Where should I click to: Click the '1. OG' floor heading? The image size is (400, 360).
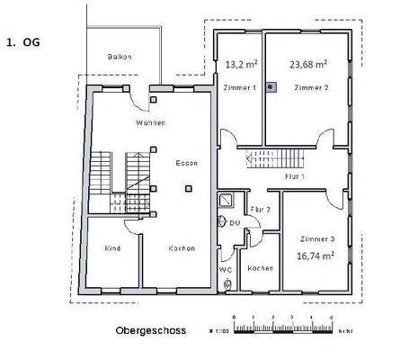click(x=23, y=41)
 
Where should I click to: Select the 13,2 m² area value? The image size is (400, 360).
click(x=240, y=64)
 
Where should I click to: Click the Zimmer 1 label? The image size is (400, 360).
click(x=240, y=88)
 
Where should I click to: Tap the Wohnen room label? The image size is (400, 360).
click(x=150, y=121)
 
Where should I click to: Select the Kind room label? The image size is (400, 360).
click(x=112, y=248)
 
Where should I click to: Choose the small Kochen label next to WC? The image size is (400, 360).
click(x=261, y=269)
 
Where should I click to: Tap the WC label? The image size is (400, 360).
click(x=226, y=268)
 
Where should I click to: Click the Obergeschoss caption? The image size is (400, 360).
click(x=150, y=330)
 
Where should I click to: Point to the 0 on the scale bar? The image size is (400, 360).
click(x=233, y=318)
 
